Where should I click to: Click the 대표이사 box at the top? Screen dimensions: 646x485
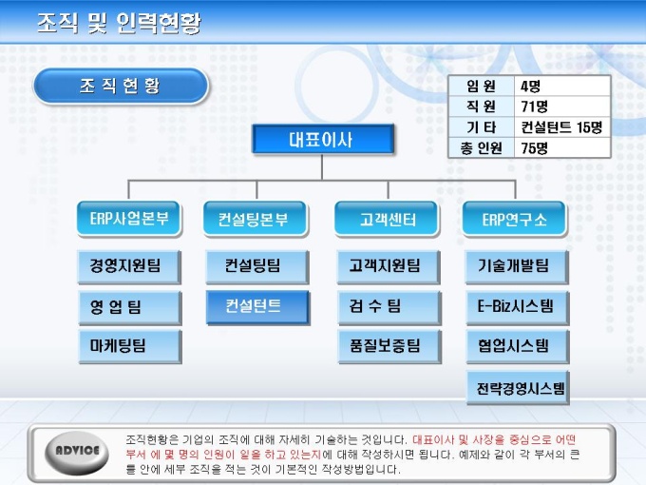[323, 140]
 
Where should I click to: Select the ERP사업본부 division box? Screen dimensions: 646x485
[129, 219]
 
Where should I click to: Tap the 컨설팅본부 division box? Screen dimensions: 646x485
[256, 219]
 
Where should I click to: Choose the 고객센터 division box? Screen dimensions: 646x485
[387, 219]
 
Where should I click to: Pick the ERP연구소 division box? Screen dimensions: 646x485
[515, 219]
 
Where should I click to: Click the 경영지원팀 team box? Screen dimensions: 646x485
[129, 266]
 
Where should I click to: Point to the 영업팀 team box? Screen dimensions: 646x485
[130, 307]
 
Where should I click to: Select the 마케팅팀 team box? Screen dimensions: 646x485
[130, 346]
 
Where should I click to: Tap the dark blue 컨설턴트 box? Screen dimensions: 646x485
[257, 307]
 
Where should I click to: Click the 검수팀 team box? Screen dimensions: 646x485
[389, 307]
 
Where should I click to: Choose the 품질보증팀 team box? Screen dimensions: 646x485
[389, 346]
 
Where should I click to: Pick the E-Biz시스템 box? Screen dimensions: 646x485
[518, 307]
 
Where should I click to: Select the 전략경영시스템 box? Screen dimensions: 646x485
[518, 387]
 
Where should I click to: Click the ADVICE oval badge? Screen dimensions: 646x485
[77, 453]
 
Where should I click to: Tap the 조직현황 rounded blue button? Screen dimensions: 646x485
[121, 86]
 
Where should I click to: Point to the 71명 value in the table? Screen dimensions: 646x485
[534, 107]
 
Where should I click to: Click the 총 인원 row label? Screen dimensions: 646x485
[481, 147]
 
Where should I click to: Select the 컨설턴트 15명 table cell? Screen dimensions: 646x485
[561, 127]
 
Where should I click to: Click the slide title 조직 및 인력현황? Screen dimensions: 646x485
[119, 23]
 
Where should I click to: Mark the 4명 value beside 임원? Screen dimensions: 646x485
[530, 87]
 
